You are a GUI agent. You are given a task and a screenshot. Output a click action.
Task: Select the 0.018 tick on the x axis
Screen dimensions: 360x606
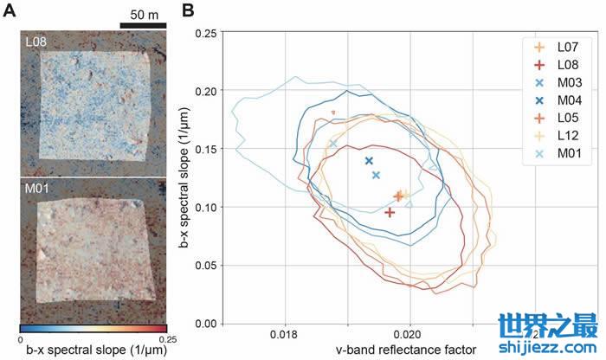point(284,333)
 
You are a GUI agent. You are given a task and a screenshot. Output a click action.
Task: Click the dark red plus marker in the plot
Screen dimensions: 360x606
point(390,212)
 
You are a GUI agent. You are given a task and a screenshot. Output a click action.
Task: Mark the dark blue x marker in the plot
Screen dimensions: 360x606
point(369,161)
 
